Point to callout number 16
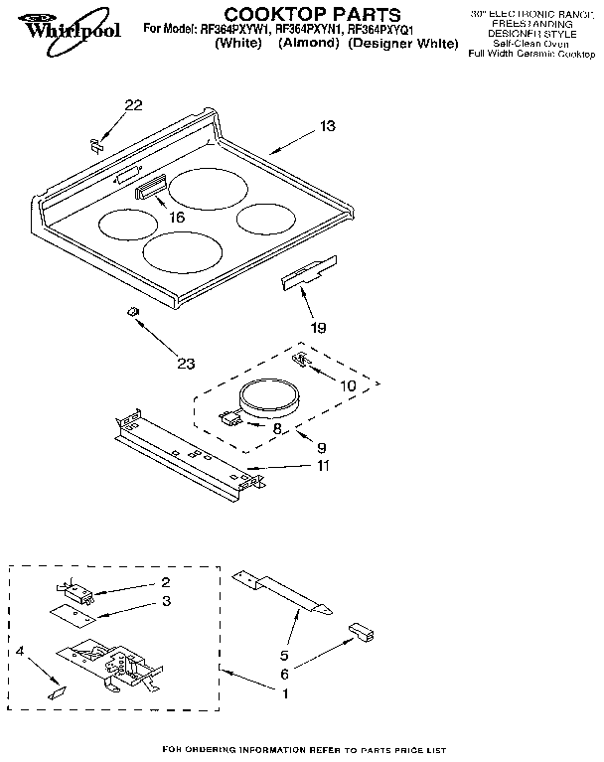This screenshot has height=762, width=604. (x=177, y=217)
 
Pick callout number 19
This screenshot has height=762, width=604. (x=318, y=326)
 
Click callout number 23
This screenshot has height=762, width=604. (x=185, y=363)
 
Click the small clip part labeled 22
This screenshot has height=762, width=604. (x=97, y=145)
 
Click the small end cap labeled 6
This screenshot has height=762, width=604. (x=362, y=632)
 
